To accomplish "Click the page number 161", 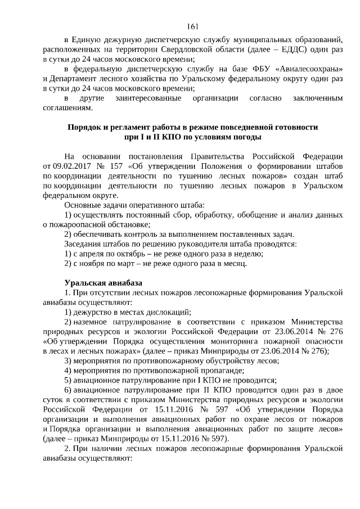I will coord(192,26).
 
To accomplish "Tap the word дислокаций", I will coord(166,312).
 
